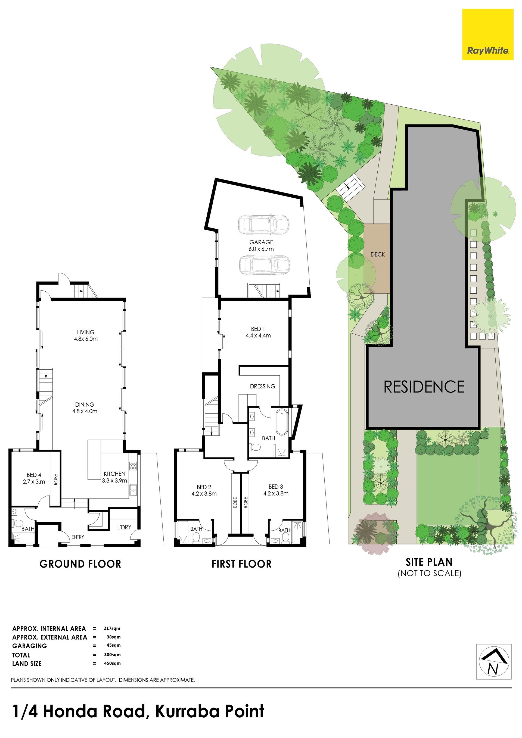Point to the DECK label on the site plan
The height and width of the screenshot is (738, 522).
[x=378, y=254]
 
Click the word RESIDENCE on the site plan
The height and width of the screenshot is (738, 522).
[x=424, y=387]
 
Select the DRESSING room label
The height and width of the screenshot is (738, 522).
[x=263, y=386]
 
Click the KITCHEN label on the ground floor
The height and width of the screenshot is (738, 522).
[x=114, y=474]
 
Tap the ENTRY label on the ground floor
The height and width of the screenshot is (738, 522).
[x=78, y=537]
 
